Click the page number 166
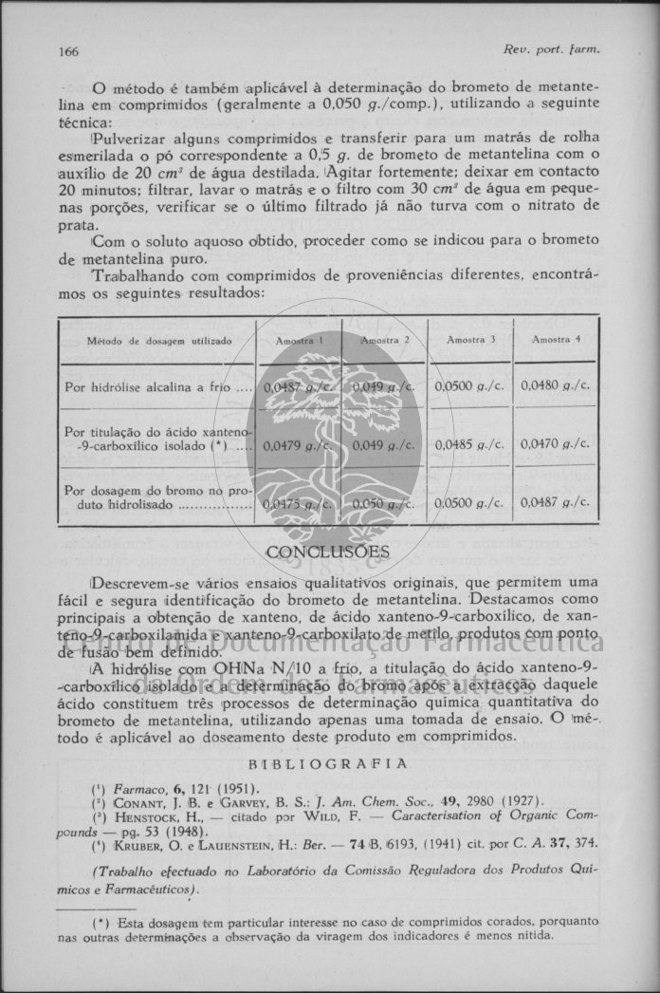coord(68,50)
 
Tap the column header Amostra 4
coord(556,339)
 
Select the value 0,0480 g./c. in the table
coord(556,386)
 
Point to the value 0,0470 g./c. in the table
coord(556,443)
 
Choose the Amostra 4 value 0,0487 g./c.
coord(556,502)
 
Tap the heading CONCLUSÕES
coord(327,553)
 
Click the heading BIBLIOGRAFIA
coord(327,763)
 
